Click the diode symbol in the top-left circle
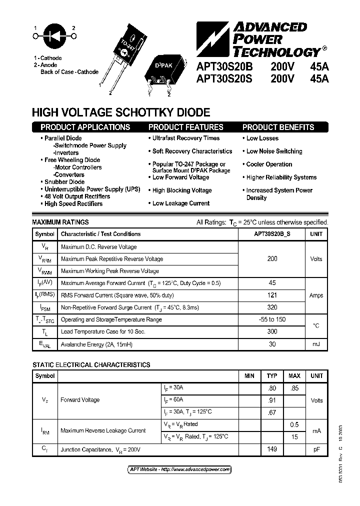click(x=54, y=35)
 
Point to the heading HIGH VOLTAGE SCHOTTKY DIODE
click(x=121, y=113)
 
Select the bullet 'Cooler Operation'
click(x=269, y=164)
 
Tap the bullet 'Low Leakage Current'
click(x=180, y=203)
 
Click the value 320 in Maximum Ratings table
click(x=272, y=307)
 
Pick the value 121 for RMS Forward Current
click(x=272, y=295)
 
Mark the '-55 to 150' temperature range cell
click(x=272, y=319)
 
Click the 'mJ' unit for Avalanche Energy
click(x=316, y=344)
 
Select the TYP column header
click(x=272, y=375)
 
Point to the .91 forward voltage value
click(x=272, y=399)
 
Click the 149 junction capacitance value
click(x=272, y=449)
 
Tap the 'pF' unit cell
click(x=316, y=449)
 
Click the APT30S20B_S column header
click(x=272, y=234)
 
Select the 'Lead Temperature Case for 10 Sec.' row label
click(x=103, y=331)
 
